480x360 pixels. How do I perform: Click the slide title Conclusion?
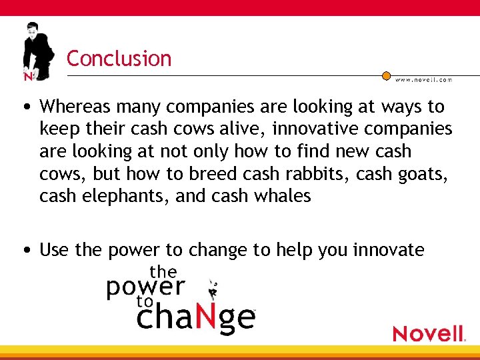119,59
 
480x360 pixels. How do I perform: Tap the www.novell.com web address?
423,79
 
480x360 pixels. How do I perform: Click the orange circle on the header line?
386,75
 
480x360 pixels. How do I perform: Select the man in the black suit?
37,50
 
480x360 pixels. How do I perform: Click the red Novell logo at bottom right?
429,333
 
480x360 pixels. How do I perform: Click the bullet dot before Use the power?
25,251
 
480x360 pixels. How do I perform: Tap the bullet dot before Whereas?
25,107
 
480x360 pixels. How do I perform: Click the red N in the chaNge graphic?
207,318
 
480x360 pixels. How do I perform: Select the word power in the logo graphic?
145,287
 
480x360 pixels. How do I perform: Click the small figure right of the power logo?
213,289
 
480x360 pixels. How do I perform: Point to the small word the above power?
163,272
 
